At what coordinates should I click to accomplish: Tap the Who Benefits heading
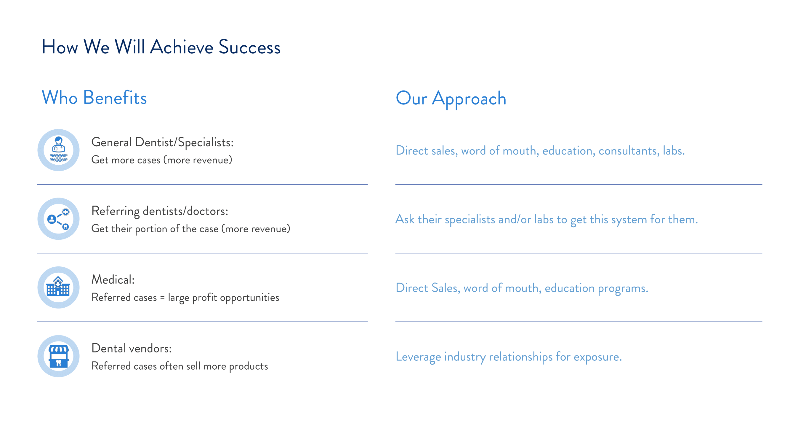tap(94, 98)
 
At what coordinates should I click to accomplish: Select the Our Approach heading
tap(451, 98)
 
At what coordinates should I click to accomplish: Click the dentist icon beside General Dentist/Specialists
tap(58, 150)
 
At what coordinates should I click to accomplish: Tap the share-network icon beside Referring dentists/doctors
tap(58, 219)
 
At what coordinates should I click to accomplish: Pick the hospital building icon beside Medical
tap(58, 287)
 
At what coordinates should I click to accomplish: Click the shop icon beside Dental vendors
tap(58, 356)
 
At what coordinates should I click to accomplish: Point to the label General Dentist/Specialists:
tap(163, 142)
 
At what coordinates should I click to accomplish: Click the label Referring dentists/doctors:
tap(160, 211)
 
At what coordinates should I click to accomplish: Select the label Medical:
tap(113, 280)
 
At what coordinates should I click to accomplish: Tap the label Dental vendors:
tap(132, 349)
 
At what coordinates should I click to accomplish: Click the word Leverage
tap(418, 357)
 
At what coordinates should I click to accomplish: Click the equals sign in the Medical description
tap(162, 298)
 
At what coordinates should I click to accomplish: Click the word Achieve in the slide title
tap(182, 47)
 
